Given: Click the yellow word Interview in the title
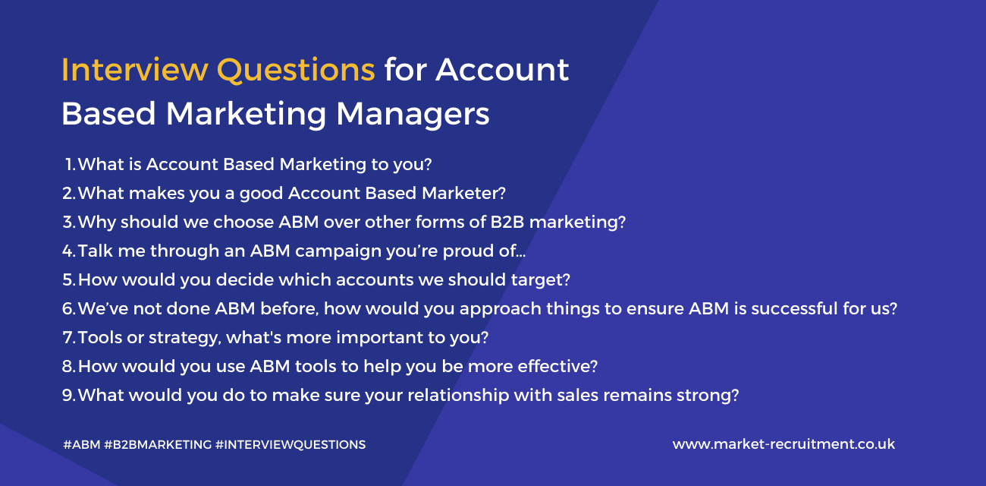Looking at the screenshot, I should (134, 70).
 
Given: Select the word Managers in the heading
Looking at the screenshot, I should (413, 114).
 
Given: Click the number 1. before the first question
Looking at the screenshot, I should (70, 164).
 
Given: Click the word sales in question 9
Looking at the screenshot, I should (612, 395).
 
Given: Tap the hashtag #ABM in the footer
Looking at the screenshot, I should (82, 444).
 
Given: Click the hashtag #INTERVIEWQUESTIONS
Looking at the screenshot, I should (290, 444).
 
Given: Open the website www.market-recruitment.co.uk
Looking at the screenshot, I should (783, 444).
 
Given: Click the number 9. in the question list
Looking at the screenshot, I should (69, 395).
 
